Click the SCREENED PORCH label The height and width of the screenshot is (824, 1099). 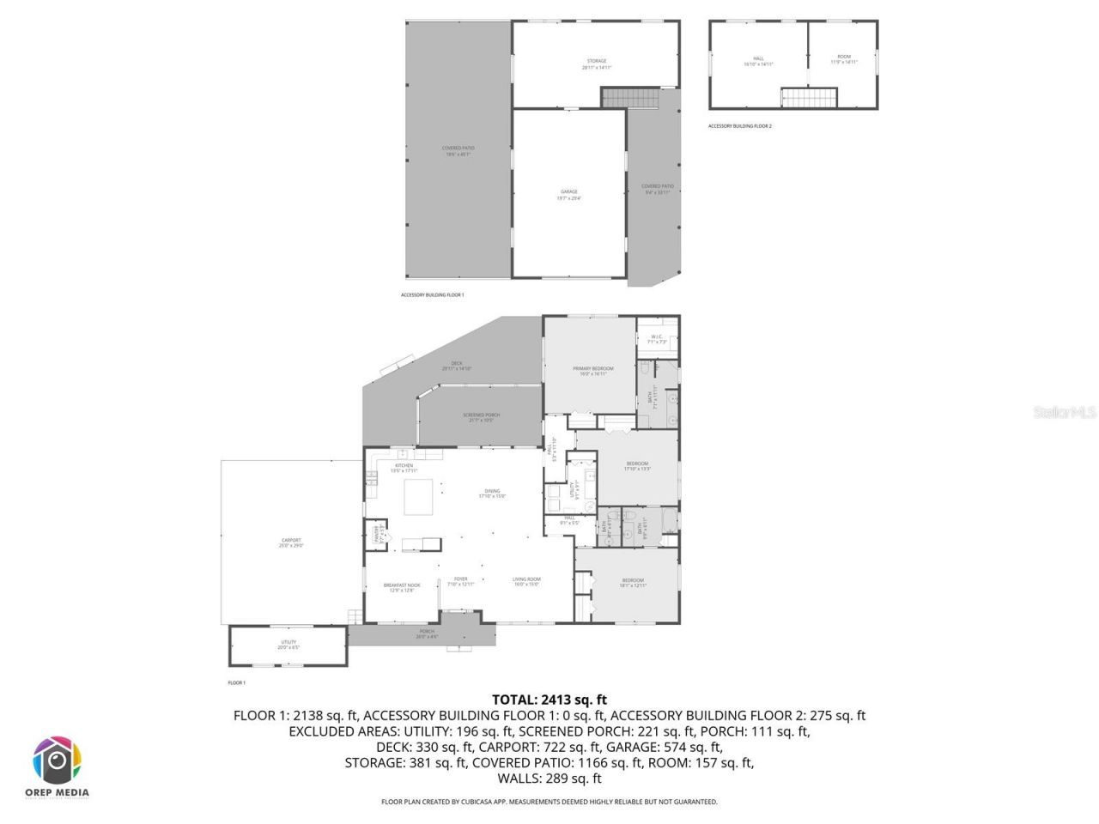484,416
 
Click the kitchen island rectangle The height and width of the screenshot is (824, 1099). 420,497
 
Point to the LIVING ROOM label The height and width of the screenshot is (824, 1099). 526,581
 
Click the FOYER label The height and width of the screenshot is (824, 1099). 461,581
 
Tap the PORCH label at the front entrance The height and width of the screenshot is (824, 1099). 427,633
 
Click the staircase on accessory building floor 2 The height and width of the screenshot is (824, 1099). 809,97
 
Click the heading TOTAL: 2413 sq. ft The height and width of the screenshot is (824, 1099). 549,700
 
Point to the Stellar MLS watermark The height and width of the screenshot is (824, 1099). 1065,413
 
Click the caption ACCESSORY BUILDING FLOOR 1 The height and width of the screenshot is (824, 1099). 432,295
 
